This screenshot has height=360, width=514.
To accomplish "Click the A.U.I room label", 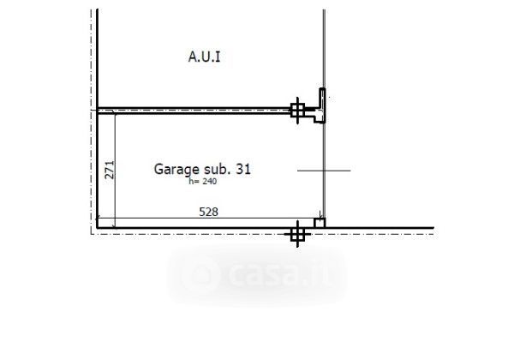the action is coord(204,57).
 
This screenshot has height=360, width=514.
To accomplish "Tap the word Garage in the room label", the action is coord(176,170).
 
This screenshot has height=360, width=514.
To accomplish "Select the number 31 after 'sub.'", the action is coord(243,169).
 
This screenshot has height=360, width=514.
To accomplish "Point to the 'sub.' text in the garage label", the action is coord(217,169).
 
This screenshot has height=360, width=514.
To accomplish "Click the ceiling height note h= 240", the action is coord(202,182).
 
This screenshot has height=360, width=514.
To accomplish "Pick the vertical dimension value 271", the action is coord(110,170).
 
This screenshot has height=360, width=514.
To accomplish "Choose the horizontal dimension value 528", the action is coord(208,212).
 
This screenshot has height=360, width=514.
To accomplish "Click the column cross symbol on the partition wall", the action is coord(297,111).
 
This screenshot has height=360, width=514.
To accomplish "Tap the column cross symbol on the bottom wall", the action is coord(297,234).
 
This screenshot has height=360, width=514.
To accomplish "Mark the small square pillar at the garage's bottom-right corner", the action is coord(320,223).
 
